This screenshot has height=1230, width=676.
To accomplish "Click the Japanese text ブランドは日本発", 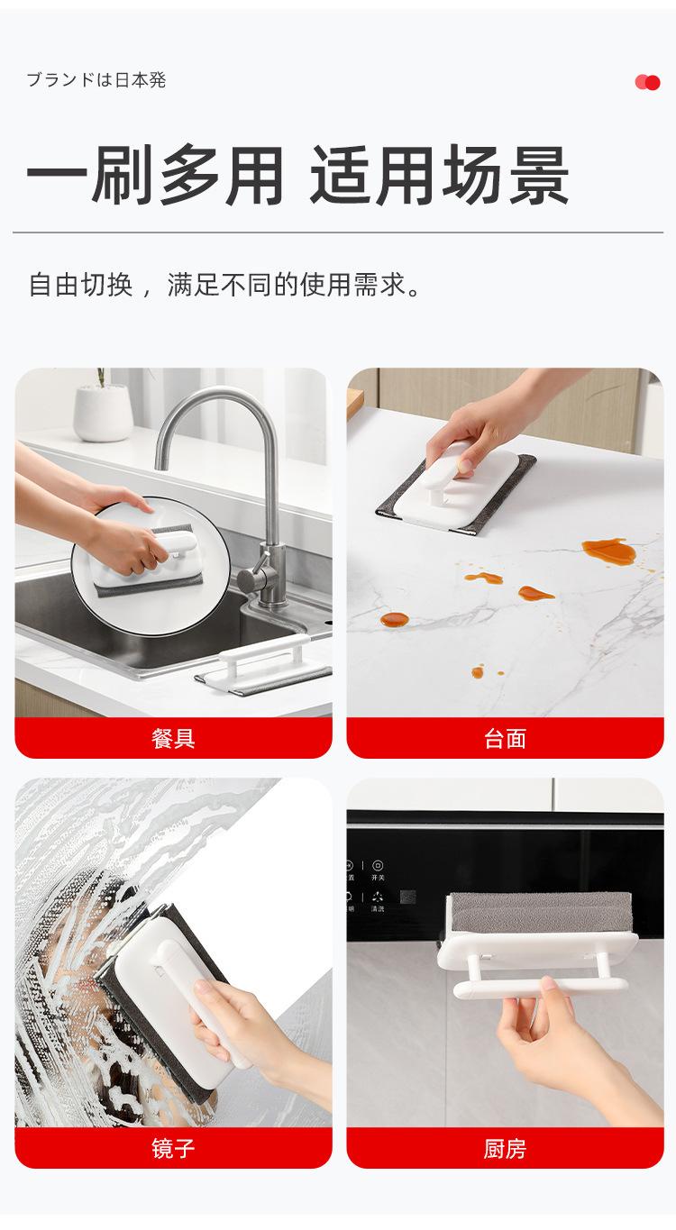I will point(96,79).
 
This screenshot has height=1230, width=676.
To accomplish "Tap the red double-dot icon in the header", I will point(647,82).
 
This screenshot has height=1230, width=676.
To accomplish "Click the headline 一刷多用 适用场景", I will point(297,174).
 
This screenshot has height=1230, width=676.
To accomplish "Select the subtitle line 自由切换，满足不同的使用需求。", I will point(225,286).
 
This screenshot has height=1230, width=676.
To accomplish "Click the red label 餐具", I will point(173,738).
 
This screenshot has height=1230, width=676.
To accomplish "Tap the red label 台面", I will point(505,738).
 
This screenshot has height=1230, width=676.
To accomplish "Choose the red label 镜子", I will point(173,1148).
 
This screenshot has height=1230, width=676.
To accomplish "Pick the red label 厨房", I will point(505,1148).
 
